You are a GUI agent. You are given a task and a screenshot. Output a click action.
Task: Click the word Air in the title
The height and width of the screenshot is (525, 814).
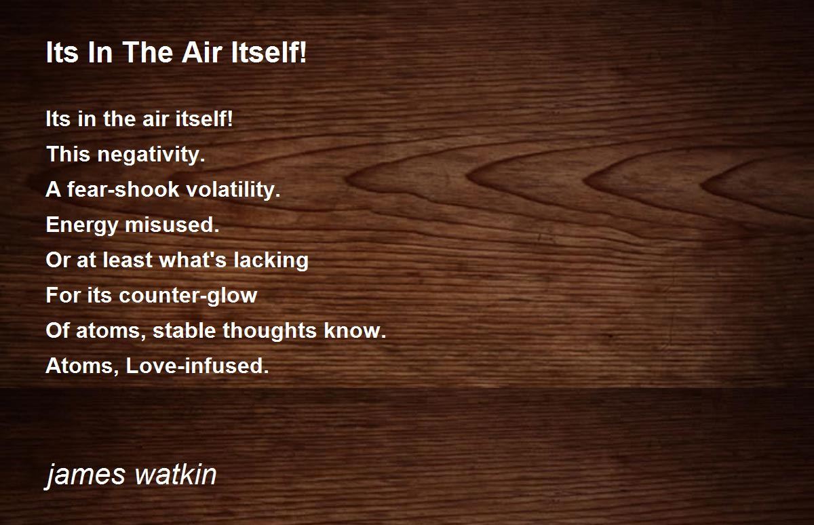201,52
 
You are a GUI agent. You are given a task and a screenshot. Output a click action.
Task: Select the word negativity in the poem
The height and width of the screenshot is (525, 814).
151,155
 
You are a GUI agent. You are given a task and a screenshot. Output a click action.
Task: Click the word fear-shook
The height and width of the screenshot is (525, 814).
123,189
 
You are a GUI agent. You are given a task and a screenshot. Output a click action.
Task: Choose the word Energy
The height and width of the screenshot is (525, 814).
82,225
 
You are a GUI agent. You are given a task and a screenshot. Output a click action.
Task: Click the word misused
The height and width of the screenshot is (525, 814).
172,225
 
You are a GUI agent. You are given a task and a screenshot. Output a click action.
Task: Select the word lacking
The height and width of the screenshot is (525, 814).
271,260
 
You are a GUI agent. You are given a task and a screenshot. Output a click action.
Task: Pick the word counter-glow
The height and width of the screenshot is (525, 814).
189,295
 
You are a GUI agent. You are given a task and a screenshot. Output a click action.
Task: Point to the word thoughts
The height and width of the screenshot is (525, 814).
270,331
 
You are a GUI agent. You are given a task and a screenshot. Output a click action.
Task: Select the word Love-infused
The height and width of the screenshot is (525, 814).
197,366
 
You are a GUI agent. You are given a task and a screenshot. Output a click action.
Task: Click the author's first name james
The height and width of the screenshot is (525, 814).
85,475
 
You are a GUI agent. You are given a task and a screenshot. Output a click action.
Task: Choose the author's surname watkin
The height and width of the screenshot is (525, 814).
176,474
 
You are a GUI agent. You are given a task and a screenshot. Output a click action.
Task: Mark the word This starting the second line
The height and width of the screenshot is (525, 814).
69,154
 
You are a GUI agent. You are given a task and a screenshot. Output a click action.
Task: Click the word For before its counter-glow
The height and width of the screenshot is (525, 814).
62,295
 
